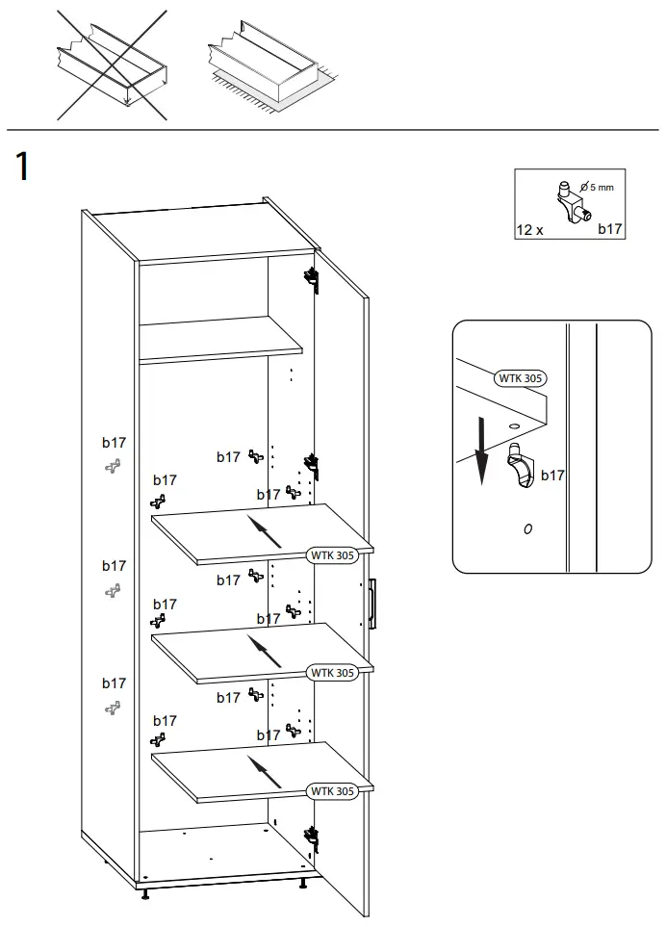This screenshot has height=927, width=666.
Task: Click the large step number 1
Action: coord(21,167)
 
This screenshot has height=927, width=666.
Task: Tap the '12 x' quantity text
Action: coord(529,229)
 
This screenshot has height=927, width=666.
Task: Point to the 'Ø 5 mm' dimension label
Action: coord(596,187)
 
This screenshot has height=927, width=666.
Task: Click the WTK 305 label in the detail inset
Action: coord(521,378)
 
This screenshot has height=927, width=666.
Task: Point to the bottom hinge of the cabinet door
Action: coord(311,838)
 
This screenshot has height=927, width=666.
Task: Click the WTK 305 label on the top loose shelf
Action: coord(332,554)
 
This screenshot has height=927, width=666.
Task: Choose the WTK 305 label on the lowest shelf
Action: coord(332,791)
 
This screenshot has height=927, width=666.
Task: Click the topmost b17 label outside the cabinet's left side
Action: coord(114,444)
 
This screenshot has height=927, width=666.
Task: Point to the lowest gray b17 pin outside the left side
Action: coord(113,708)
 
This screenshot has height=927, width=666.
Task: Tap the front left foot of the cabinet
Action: coord(146,894)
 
